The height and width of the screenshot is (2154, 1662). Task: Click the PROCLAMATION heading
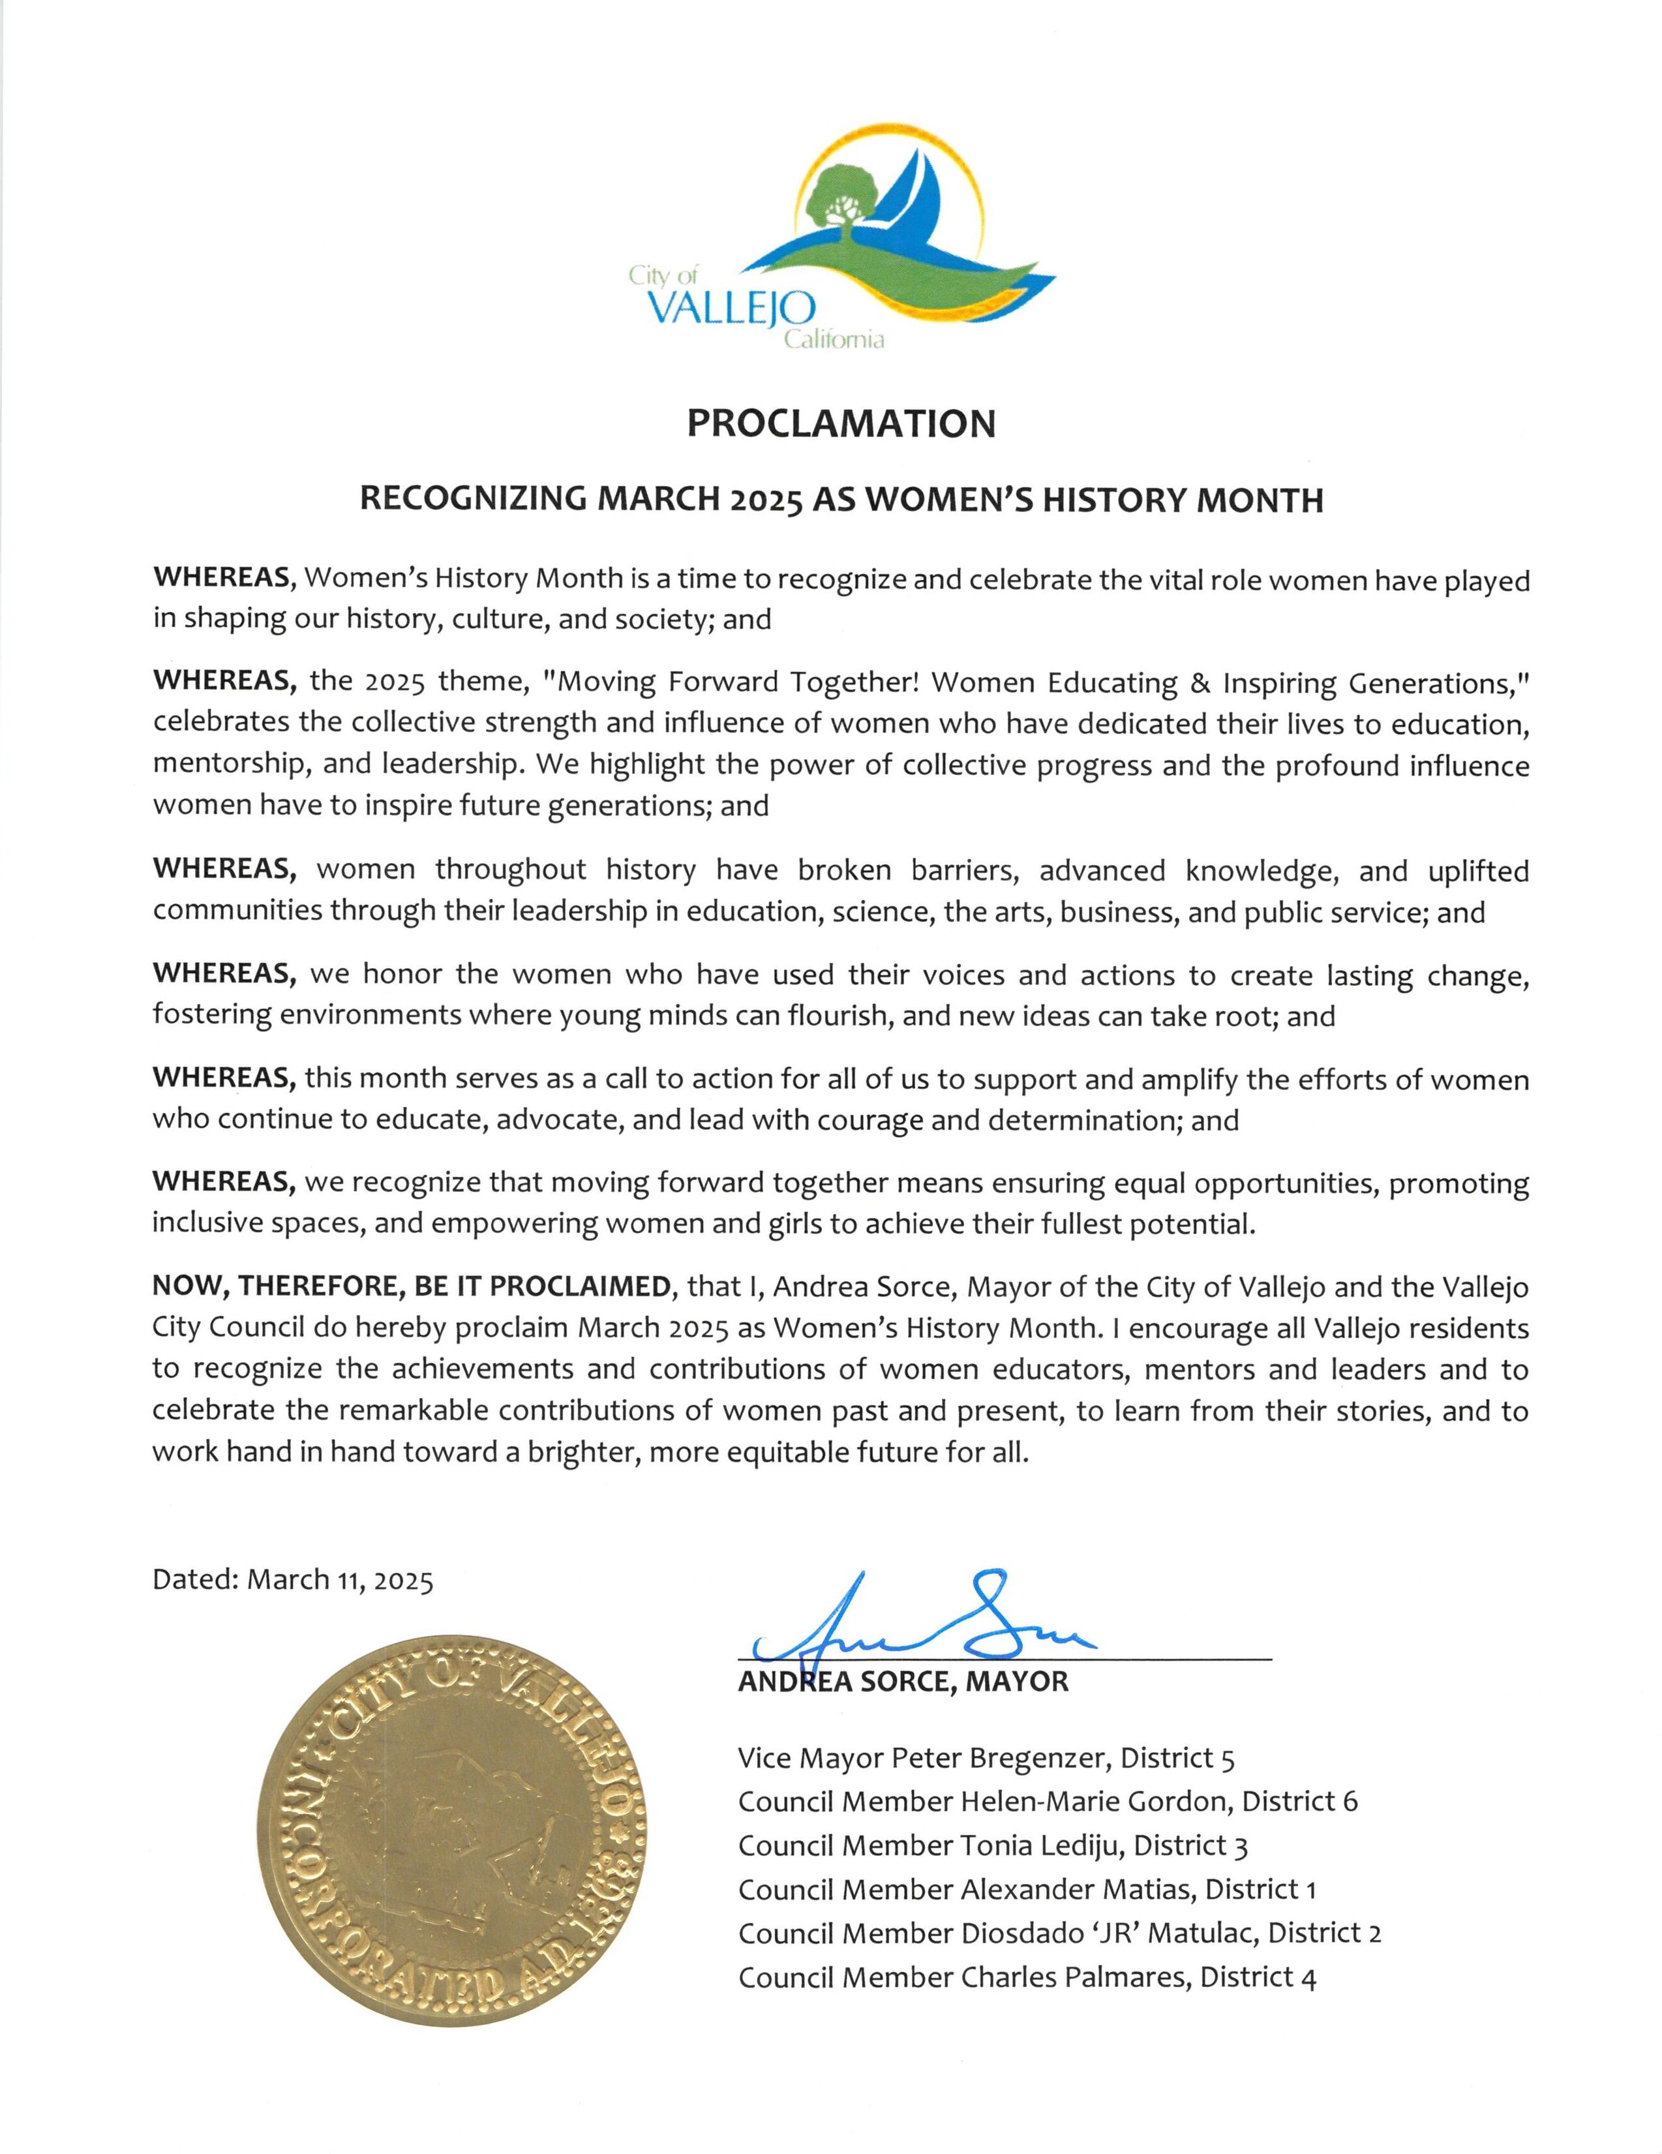[840, 423]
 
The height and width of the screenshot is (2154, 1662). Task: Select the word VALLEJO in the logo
[730, 310]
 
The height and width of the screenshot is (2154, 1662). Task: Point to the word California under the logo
[834, 341]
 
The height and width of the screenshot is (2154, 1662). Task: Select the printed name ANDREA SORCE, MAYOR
[903, 1682]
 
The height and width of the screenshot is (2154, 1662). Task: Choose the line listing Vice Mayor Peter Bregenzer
[986, 1757]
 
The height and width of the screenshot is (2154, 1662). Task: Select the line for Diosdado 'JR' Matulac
[1059, 1933]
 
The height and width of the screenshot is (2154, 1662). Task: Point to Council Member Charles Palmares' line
[1027, 1977]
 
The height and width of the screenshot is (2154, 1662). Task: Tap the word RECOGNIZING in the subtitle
[472, 500]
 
